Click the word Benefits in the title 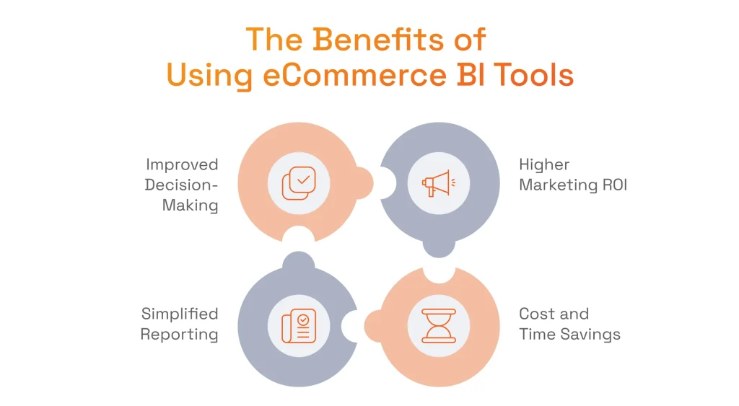pyautogui.click(x=373, y=39)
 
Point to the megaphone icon pyautogui.click(x=438, y=182)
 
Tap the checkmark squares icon pyautogui.click(x=298, y=182)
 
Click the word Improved pyautogui.click(x=182, y=164)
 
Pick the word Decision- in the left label pyautogui.click(x=181, y=185)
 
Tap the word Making pyautogui.click(x=190, y=206)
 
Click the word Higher pyautogui.click(x=545, y=164)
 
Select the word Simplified pyautogui.click(x=180, y=314)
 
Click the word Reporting pyautogui.click(x=179, y=335)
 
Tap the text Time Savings pyautogui.click(x=570, y=335)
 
